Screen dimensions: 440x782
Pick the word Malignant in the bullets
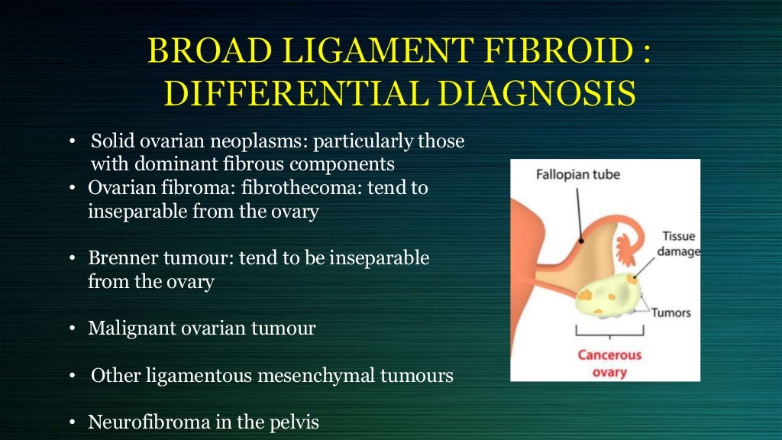point(125,328)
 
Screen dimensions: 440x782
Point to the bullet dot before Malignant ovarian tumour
point(72,329)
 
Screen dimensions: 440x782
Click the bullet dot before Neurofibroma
point(72,422)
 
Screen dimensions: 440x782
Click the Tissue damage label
point(680,244)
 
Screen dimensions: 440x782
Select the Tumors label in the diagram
point(671,312)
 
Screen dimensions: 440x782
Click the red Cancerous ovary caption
point(609,364)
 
